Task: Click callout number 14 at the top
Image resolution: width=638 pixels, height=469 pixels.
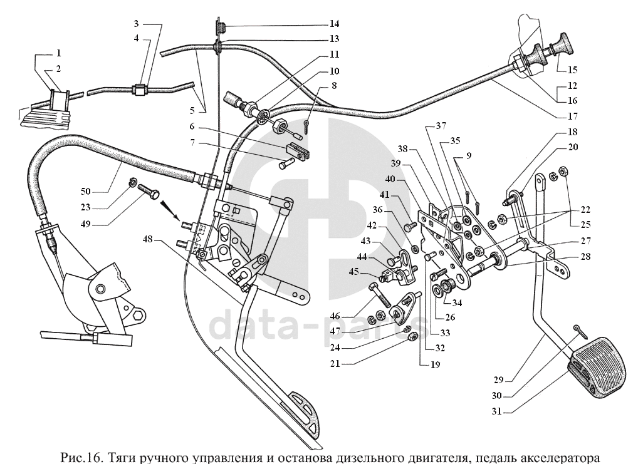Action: (x=334, y=24)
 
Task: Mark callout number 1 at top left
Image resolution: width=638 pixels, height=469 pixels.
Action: (x=58, y=53)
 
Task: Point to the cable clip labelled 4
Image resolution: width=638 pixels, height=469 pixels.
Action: (x=140, y=90)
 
